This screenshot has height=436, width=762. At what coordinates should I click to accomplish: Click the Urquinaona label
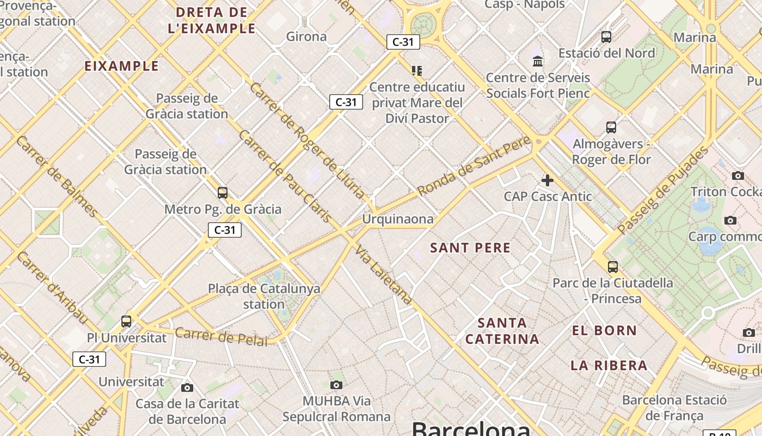(x=398, y=219)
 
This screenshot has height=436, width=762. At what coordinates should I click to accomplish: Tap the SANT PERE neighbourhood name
(x=470, y=248)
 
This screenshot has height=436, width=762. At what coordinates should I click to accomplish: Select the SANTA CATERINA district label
(x=502, y=331)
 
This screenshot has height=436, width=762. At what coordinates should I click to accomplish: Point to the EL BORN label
(x=604, y=330)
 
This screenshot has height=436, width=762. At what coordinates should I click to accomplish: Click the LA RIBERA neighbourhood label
(x=609, y=365)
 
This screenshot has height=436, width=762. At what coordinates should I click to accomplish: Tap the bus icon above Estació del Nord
(x=606, y=37)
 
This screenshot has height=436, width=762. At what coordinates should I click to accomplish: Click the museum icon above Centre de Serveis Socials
(x=538, y=60)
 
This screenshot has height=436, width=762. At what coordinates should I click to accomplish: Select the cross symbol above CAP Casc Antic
(x=548, y=180)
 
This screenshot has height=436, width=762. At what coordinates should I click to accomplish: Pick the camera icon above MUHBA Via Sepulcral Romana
(x=336, y=385)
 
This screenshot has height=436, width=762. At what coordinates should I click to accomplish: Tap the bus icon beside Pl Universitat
(x=126, y=321)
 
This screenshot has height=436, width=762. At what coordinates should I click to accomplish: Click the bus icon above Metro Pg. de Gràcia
(x=223, y=192)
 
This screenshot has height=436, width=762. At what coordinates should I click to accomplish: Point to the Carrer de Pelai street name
(x=222, y=337)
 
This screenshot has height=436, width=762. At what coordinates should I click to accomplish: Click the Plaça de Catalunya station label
(x=264, y=296)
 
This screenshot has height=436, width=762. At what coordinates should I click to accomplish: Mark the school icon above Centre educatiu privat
(x=417, y=70)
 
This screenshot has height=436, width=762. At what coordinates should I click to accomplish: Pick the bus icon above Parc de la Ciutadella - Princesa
(x=613, y=267)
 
